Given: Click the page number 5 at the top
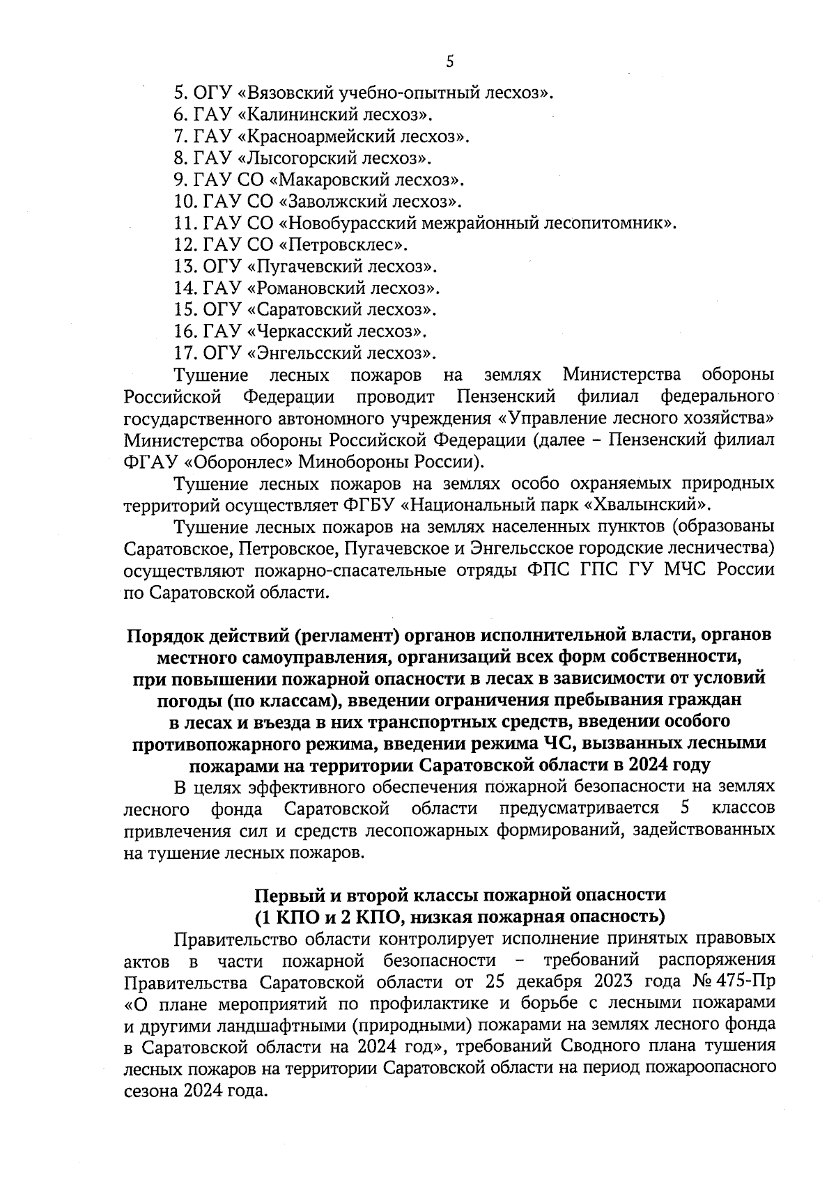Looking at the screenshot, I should point(449,61).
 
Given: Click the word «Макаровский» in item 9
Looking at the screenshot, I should point(325,180).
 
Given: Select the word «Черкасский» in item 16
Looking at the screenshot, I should point(300,331).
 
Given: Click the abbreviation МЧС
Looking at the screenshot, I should point(686,570).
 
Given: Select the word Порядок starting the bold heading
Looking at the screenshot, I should point(164,637).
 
